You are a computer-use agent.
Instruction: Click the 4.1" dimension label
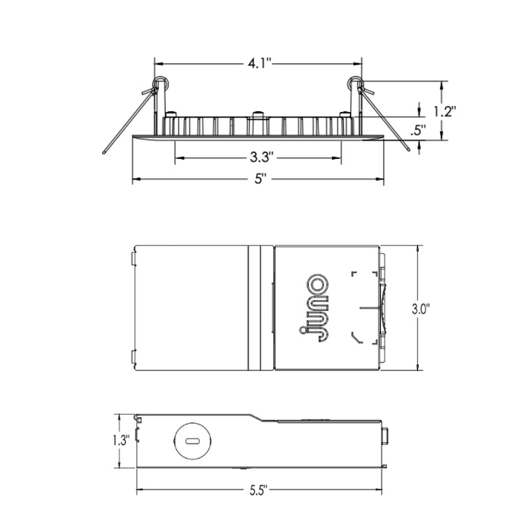pos(260,63)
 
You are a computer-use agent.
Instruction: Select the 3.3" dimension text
pos(261,157)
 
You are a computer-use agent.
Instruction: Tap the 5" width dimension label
pos(259,179)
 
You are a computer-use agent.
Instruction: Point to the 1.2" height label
pos(445,111)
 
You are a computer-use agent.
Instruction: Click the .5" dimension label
pos(418,130)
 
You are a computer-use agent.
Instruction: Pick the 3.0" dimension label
pos(420,309)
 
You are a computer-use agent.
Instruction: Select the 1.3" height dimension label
pos(121,441)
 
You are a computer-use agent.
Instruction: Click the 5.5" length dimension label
pos(259,491)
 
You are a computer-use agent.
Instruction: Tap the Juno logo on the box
pos(313,307)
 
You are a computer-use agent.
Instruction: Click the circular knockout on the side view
pos(192,441)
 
